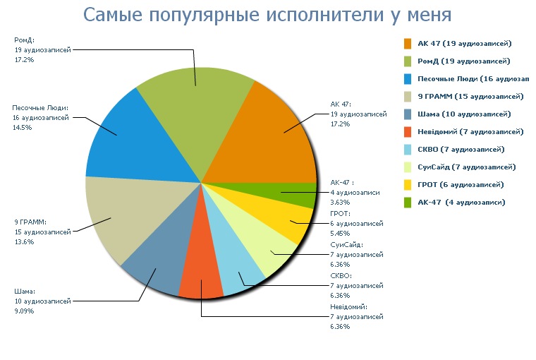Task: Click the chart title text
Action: (267, 15)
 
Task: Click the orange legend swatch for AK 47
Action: (408, 44)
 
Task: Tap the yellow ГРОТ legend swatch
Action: (408, 184)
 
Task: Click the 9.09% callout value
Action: (24, 311)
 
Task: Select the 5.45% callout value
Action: (340, 232)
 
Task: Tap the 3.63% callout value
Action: (340, 202)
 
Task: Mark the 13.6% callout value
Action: (23, 241)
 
